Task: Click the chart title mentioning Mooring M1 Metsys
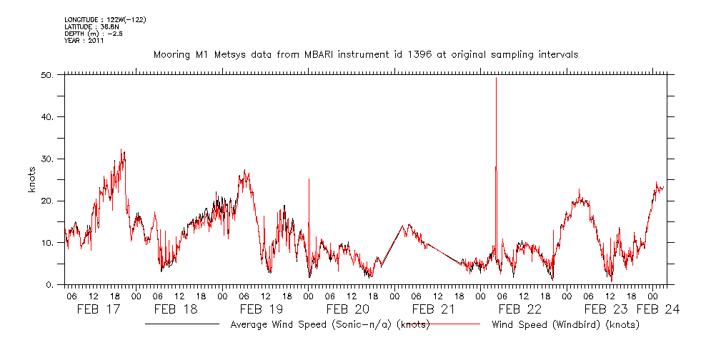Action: (365, 54)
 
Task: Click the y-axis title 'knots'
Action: (33, 180)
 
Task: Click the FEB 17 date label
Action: (99, 309)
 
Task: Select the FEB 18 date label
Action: (176, 309)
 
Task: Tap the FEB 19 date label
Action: (262, 309)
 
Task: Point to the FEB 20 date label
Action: (348, 309)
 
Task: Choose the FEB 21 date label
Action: (434, 309)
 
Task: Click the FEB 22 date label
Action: (519, 309)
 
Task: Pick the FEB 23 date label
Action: (606, 309)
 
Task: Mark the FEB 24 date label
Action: (658, 309)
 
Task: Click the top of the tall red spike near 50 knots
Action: (496, 78)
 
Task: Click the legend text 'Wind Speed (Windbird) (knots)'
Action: (565, 324)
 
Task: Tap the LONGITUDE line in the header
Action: (106, 19)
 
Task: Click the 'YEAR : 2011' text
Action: (84, 41)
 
